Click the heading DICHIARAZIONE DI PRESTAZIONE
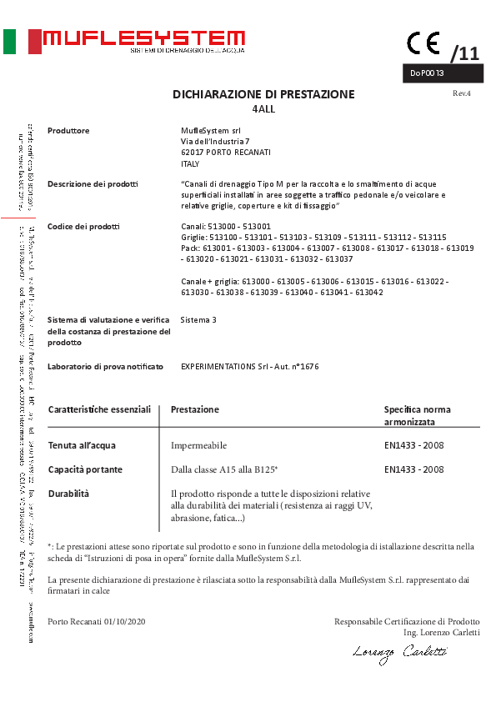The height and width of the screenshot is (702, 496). click(263, 94)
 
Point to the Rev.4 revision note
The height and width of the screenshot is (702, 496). click(462, 93)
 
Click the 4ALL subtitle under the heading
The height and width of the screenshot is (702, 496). click(263, 109)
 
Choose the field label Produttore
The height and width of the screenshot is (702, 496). click(68, 131)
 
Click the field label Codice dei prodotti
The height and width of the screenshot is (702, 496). click(83, 227)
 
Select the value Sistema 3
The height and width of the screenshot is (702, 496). click(198, 320)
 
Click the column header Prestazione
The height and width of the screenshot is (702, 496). click(195, 409)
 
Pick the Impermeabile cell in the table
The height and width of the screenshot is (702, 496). click(198, 446)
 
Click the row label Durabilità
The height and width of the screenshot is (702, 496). click(68, 494)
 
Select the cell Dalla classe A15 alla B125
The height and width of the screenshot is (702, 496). click(224, 470)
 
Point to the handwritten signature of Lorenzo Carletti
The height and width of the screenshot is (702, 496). click(399, 655)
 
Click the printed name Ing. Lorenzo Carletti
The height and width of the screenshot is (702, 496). click(441, 633)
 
